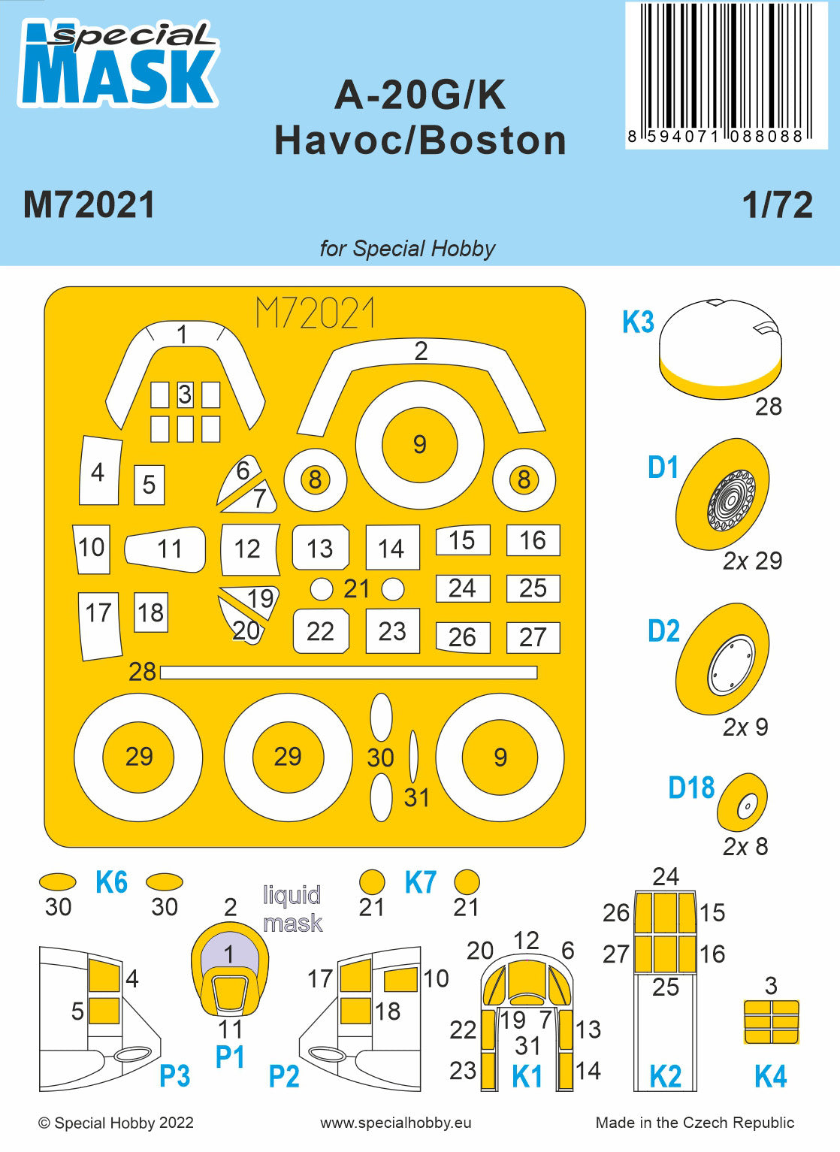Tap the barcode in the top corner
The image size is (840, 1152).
coord(726,72)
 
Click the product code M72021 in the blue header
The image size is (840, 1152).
coord(89,205)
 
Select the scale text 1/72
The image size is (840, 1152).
coord(777,205)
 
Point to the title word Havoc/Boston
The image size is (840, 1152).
coord(420,141)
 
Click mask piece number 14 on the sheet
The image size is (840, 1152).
coord(391,548)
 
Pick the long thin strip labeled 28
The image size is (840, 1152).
coord(349,672)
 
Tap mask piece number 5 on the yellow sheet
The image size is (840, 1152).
coord(149,485)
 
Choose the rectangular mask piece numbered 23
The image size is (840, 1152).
coord(391,631)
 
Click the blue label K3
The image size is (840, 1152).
coord(638,322)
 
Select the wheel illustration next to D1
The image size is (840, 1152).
coord(723,494)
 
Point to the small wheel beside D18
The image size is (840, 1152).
coord(742,807)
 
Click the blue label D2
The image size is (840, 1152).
coord(663,631)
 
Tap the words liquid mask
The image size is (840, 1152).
coord(292,909)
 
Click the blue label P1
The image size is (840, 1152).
coord(230,1057)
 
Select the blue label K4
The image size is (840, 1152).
coord(770,1076)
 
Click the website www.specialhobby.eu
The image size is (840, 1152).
coord(396,1123)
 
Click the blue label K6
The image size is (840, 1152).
coord(111,882)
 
